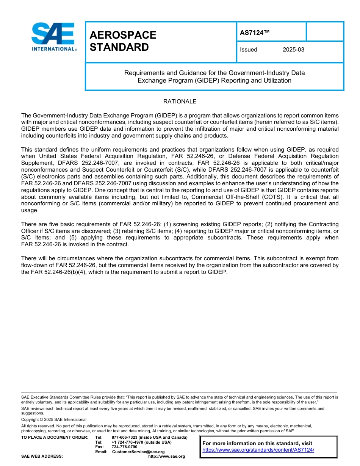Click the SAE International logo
pyautogui.click(x=54, y=37)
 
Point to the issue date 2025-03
pyautogui.click(x=293, y=50)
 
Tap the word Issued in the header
pyautogui.click(x=248, y=50)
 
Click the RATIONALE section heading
pyautogui.click(x=180, y=102)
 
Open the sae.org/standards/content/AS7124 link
pyautogui.click(x=258, y=450)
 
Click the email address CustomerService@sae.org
pyautogui.click(x=138, y=452)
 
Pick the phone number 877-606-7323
pyautogui.click(x=124, y=438)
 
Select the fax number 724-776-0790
pyautogui.click(x=124, y=447)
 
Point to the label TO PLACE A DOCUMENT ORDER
pyautogui.click(x=55, y=438)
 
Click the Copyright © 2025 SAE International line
pyautogui.click(x=54, y=419)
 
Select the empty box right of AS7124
pyautogui.click(x=324, y=31)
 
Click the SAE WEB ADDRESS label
pyautogui.click(x=42, y=457)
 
